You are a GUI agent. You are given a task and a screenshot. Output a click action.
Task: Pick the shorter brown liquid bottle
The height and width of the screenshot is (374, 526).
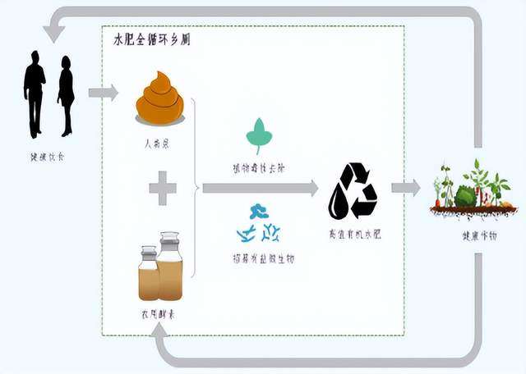pos(149,275)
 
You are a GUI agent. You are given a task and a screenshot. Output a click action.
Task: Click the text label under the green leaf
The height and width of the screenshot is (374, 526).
pos(259,167)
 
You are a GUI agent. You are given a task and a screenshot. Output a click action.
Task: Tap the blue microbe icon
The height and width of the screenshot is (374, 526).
pos(259,224)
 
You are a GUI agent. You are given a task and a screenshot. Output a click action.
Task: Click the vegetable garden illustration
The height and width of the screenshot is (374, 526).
pos(472,190)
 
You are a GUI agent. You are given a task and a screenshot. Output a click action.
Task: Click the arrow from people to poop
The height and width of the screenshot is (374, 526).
pos(104,93)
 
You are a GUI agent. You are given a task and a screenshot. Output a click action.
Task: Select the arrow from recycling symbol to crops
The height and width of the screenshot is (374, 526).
pos(405,188)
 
